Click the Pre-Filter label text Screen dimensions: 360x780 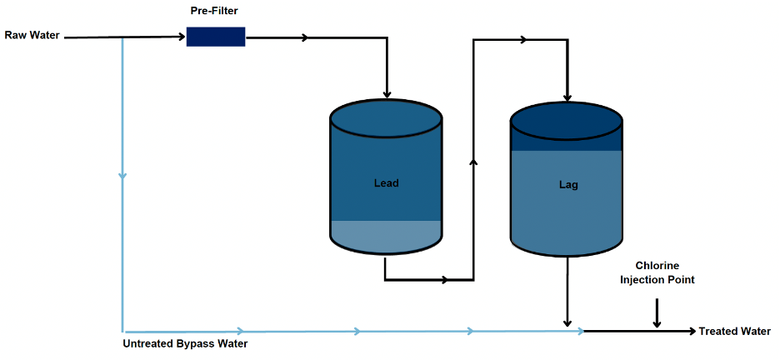[215, 12]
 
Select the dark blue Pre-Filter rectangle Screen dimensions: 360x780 [216, 37]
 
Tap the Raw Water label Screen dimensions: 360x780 [32, 36]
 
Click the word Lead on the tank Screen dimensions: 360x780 [386, 183]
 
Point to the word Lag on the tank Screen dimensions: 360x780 [567, 185]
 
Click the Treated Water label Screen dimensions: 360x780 [734, 331]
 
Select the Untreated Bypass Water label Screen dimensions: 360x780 [185, 343]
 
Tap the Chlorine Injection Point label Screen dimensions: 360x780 [657, 273]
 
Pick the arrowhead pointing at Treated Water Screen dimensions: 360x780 [691, 331]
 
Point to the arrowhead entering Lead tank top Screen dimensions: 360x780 [386, 92]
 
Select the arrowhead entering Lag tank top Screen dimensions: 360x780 [567, 96]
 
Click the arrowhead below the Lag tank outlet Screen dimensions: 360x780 [567, 322]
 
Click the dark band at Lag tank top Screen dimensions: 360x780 [567, 139]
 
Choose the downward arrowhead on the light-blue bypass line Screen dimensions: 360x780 [122, 175]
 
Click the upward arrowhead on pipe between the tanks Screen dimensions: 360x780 [473, 162]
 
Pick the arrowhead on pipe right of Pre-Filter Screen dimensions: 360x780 [305, 37]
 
